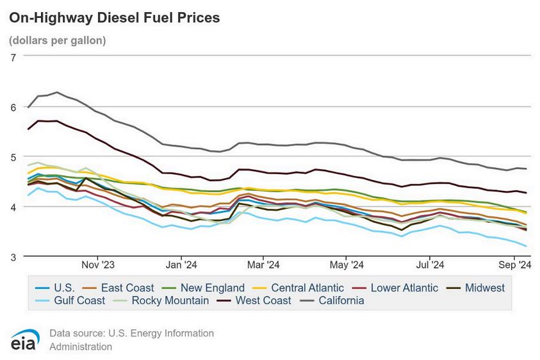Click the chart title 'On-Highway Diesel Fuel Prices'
tap(114, 18)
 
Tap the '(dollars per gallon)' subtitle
tap(58, 40)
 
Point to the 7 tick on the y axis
tap(13, 58)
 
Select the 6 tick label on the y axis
tap(13, 108)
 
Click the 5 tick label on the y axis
tap(13, 158)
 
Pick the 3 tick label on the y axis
tap(13, 258)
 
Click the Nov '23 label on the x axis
tap(98, 265)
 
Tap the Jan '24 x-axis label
tap(181, 265)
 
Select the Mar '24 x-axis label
tap(263, 265)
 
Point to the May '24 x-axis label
tap(347, 265)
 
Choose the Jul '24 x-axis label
tap(430, 265)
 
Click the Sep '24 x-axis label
tap(515, 265)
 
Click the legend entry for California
tap(332, 300)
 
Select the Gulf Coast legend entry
tap(70, 300)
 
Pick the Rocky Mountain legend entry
tap(161, 300)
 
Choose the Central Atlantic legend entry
tap(299, 288)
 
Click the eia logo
tap(24, 340)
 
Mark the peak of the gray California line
tap(57, 92)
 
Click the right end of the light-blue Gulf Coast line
tap(526, 246)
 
